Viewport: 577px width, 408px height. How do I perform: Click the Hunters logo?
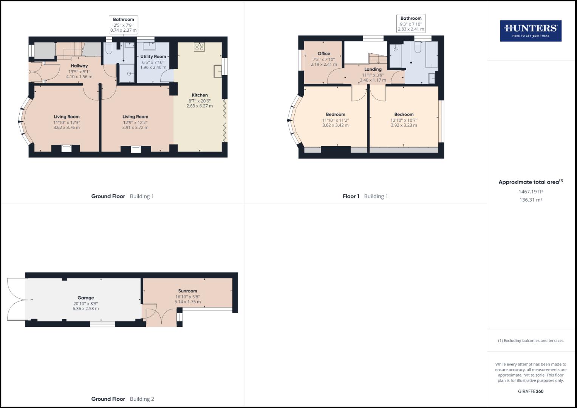point(531,31)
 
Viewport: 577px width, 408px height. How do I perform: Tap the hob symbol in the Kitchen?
point(199,47)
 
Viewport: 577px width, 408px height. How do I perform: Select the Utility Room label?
point(153,57)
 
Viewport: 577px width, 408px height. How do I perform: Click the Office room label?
point(324,54)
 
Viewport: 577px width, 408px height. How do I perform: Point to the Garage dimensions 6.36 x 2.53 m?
point(86,309)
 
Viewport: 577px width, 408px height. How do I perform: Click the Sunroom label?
point(188,291)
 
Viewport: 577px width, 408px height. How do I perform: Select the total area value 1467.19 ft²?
point(531,192)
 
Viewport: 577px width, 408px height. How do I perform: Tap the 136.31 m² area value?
point(531,200)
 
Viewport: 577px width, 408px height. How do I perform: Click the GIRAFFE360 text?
point(531,391)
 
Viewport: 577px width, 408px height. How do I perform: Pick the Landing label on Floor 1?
point(373,70)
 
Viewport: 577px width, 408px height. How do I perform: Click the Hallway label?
point(79,66)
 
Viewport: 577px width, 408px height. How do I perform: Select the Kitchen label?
point(200,95)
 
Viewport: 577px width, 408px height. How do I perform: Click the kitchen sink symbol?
point(218,71)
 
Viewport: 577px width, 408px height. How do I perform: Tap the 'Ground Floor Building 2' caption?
point(122,399)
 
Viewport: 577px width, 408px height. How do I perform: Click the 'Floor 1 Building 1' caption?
point(365,196)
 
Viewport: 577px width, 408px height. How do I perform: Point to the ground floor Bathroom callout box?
point(123,25)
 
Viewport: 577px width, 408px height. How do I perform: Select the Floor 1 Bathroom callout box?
point(411,24)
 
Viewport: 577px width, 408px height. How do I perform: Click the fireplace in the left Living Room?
point(66,148)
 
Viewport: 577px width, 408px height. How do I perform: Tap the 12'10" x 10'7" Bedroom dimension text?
point(404,120)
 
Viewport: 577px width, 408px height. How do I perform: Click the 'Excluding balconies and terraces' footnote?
point(531,341)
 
